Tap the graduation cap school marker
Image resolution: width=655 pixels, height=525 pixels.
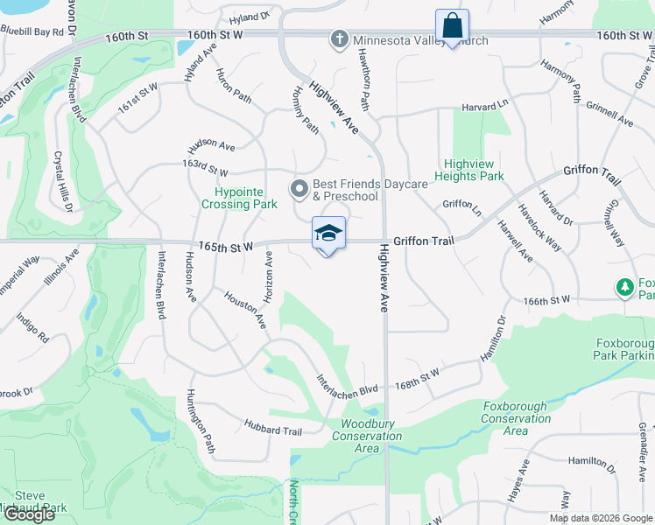coord(328,234)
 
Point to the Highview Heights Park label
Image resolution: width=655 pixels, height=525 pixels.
coord(474,170)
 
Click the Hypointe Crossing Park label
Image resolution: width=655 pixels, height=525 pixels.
coord(246,198)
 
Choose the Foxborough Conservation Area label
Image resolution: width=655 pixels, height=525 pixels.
coord(517,418)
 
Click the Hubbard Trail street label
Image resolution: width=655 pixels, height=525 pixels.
coord(273,430)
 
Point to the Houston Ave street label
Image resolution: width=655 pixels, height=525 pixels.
coord(246,310)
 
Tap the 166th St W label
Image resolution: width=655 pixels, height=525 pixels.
coord(547,300)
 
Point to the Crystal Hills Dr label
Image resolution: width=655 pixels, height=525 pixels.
coord(63,180)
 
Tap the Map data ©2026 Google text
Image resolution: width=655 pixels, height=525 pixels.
coord(600,518)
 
